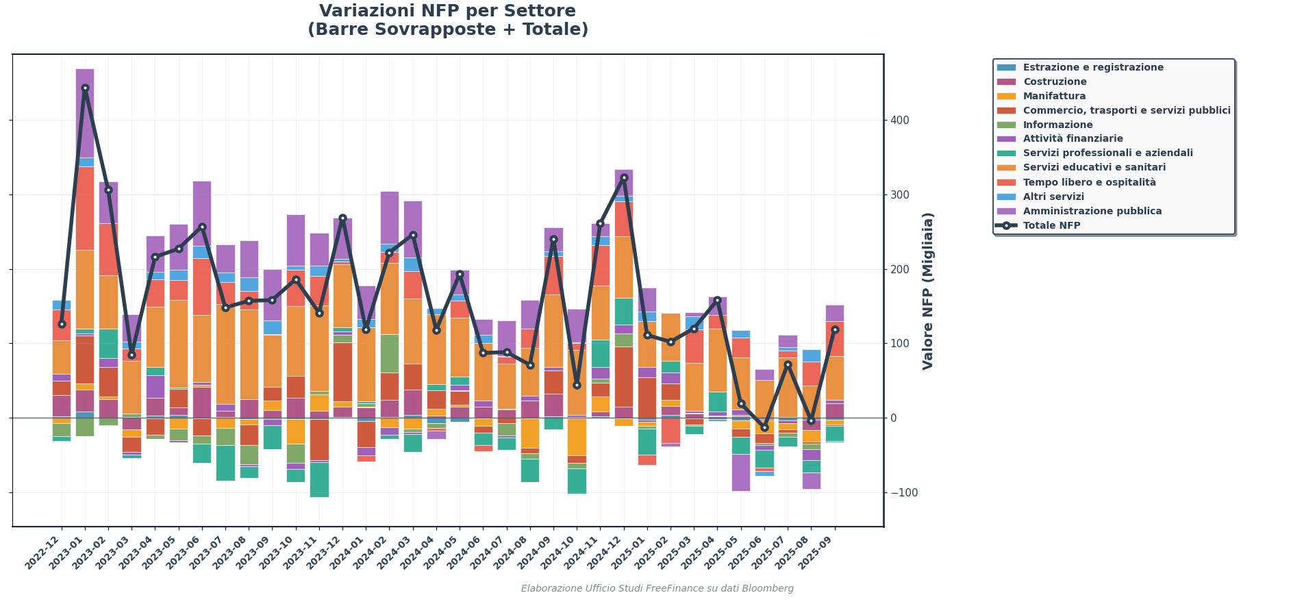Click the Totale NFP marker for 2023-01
(x=85, y=88)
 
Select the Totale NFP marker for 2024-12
(x=624, y=178)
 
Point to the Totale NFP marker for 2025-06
(x=764, y=428)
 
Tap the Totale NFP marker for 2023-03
(x=131, y=355)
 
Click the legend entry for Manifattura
(x=1054, y=97)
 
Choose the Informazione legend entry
(x=1057, y=125)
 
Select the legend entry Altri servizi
(x=1053, y=197)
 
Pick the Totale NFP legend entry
(x=1051, y=226)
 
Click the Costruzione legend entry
(x=1055, y=82)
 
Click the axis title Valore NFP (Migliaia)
(x=928, y=291)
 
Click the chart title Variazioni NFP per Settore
(x=447, y=12)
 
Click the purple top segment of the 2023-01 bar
(x=85, y=113)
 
